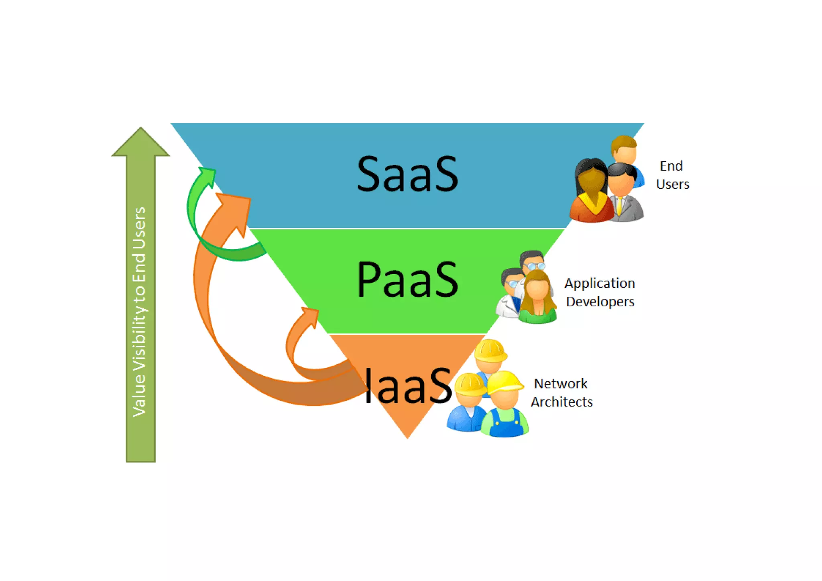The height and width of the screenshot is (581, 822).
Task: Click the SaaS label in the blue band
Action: coord(407,174)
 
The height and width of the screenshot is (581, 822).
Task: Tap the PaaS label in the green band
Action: coord(407,279)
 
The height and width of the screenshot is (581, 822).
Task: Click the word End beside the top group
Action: coord(671,166)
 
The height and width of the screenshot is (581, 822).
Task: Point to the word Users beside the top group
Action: coord(673,184)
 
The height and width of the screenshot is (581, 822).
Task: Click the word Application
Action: coord(600,283)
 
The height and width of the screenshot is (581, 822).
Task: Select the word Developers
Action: coord(600,302)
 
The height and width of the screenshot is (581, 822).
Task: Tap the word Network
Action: coord(561,384)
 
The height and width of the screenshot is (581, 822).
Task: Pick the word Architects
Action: coord(562,402)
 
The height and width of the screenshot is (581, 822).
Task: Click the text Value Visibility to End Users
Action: coord(140,312)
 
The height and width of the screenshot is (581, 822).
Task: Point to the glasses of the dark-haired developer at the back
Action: coord(534,265)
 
